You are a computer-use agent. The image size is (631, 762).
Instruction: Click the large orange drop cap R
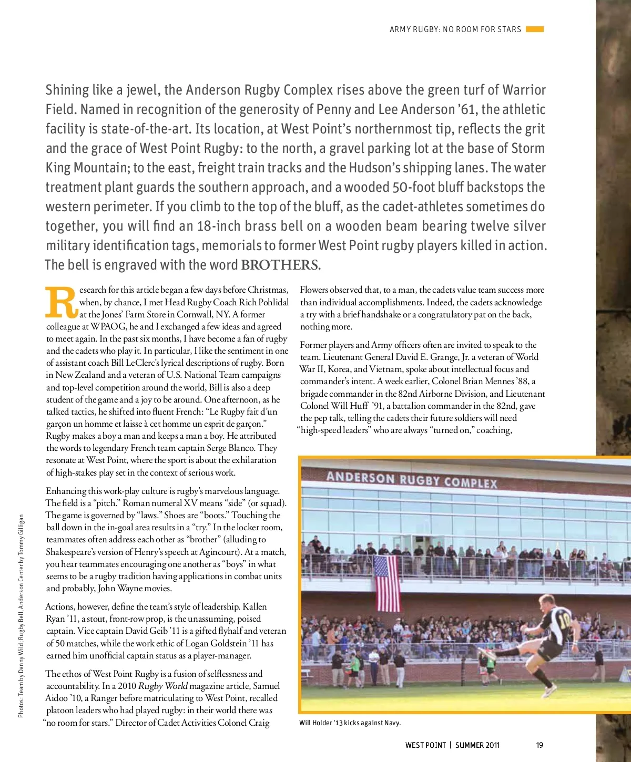62,303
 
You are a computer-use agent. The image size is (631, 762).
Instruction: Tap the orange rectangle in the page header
534,29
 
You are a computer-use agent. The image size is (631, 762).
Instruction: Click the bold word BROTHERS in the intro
279,265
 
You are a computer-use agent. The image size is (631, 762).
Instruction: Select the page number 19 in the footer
540,745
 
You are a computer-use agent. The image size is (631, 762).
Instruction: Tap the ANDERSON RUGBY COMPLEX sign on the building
411,479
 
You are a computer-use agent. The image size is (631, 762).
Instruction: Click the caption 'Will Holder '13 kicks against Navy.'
350,723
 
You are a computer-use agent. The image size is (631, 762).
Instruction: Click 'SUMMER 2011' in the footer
477,745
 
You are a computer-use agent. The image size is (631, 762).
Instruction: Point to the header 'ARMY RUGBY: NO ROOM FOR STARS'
455,29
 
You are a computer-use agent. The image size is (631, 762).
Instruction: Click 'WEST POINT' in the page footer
425,745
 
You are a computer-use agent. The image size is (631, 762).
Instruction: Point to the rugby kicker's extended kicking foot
482,653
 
